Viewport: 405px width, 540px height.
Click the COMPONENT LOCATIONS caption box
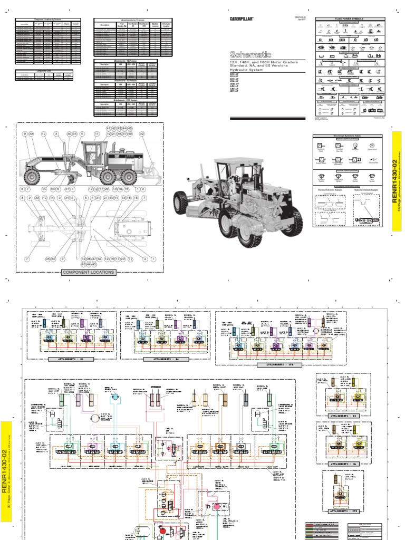(x=88, y=272)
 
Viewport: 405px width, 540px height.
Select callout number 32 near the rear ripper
(x=141, y=134)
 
